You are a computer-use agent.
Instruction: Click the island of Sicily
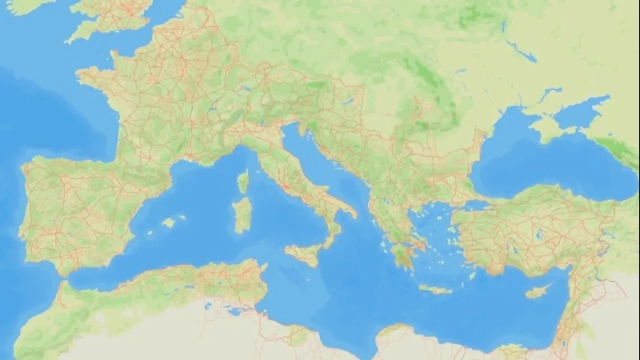tap(304, 253)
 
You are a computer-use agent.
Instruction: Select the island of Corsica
tap(243, 181)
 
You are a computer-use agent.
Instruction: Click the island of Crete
tap(435, 289)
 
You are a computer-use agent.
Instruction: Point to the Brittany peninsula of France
tap(92, 75)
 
